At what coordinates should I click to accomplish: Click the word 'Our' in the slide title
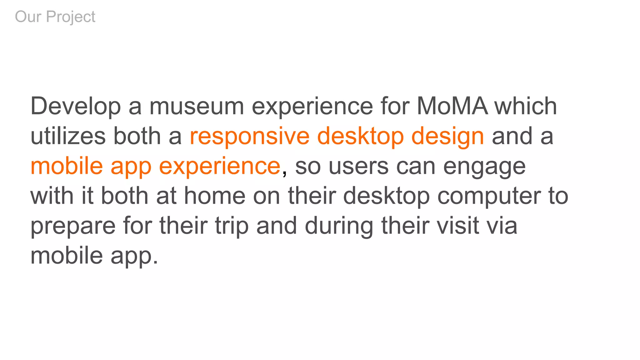[28, 17]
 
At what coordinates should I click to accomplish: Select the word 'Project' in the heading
[70, 17]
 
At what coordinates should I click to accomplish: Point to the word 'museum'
[197, 106]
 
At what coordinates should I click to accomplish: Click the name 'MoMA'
[452, 106]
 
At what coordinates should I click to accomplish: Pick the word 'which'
[526, 106]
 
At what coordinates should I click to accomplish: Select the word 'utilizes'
[68, 136]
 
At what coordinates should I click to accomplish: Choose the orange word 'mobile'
[67, 166]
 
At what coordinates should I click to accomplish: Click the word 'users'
[358, 167]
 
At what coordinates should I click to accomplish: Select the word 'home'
[215, 196]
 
